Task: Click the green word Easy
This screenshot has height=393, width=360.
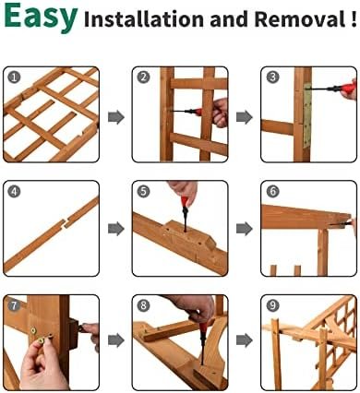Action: tap(41, 17)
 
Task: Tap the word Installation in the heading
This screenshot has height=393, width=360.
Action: tap(144, 19)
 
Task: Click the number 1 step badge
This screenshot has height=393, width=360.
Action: tap(14, 77)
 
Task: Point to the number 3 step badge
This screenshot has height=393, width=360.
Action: tap(272, 77)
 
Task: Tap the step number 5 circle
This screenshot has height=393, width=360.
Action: tap(143, 191)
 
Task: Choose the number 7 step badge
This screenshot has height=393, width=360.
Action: tap(14, 305)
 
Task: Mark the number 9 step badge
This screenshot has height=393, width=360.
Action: tap(272, 305)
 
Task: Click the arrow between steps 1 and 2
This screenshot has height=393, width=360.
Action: tap(116, 117)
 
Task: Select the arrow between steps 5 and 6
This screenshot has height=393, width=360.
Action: tap(245, 229)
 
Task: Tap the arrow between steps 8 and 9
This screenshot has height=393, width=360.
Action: tap(245, 340)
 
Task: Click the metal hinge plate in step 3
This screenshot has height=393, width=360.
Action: tap(307, 115)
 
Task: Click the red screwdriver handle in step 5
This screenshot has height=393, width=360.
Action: tap(185, 203)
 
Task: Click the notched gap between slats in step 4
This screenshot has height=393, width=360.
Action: tap(65, 224)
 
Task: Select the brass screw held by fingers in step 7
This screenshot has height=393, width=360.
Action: tap(41, 340)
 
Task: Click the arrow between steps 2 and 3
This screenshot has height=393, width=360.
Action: tap(245, 117)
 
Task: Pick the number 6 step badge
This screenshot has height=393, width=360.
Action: tap(272, 191)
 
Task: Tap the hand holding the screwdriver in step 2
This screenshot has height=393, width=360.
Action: tap(221, 113)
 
